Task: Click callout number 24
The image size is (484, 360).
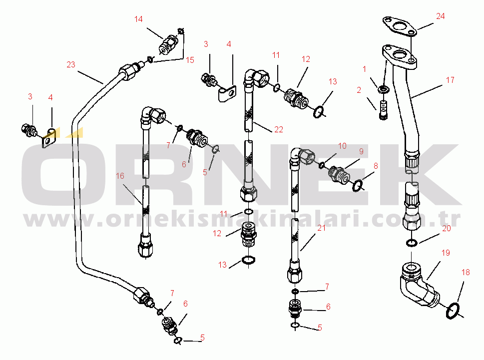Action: point(440,16)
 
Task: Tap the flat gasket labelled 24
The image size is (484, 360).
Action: point(398,26)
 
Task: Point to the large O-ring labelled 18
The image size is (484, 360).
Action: point(452,311)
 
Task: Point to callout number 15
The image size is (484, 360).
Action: point(190,60)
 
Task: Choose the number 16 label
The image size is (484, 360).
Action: point(120,176)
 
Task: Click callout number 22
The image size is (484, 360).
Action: point(279,129)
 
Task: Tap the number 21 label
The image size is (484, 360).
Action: point(321,228)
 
